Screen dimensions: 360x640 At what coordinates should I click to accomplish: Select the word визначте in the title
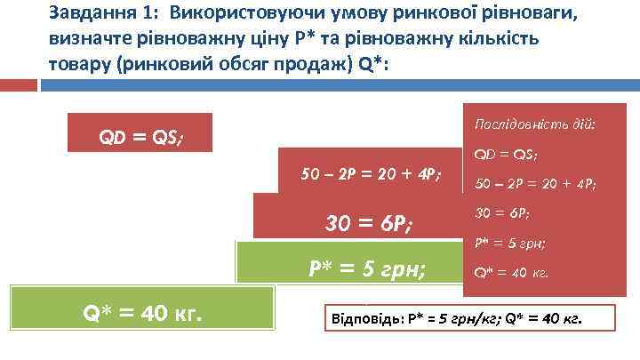click(x=87, y=42)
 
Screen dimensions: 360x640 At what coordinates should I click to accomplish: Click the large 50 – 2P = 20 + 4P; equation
click(x=371, y=172)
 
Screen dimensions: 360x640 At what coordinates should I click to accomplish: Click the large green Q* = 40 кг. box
click(x=142, y=313)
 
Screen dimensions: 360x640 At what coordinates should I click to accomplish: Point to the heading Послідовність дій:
click(x=535, y=122)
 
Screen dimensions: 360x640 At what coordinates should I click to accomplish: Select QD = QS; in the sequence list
click(x=506, y=154)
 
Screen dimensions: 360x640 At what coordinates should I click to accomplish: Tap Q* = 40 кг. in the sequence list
click(x=512, y=272)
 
